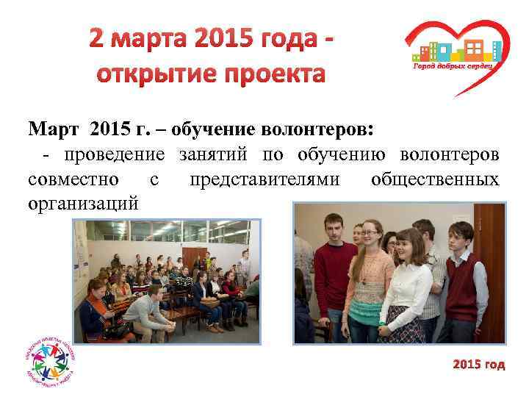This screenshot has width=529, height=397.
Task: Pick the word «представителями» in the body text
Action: coord(264,180)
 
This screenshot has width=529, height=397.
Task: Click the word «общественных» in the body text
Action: coord(435,180)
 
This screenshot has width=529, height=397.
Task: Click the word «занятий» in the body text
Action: coord(214,155)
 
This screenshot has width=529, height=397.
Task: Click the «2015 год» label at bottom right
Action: coord(479,365)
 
